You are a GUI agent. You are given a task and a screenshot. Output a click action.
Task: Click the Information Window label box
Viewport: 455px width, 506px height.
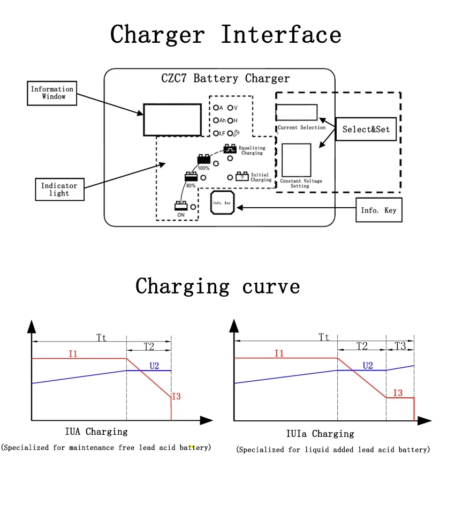(x=52, y=93)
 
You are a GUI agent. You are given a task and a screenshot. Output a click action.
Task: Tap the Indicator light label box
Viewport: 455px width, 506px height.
(x=60, y=190)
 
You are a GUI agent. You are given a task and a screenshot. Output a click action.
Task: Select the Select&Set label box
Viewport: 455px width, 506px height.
(x=366, y=129)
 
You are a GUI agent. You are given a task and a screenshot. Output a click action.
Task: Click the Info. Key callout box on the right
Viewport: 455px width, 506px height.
(x=379, y=210)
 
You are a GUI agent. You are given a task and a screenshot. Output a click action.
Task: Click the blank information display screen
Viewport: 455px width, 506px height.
(x=172, y=120)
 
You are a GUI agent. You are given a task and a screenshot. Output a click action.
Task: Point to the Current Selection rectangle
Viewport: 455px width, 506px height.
(x=297, y=112)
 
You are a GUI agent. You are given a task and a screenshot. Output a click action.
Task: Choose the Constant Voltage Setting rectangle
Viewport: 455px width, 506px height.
(x=296, y=160)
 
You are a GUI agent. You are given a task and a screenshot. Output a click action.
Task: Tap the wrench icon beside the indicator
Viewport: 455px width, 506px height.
(x=236, y=133)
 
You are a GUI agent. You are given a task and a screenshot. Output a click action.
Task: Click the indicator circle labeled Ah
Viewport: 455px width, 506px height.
(x=216, y=120)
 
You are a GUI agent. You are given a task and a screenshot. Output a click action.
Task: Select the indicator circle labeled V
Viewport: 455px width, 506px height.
(x=230, y=108)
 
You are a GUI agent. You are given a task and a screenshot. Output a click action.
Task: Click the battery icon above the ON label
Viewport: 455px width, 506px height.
(x=181, y=206)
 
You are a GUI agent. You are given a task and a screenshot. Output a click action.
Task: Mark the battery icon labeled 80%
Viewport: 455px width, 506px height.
(x=191, y=177)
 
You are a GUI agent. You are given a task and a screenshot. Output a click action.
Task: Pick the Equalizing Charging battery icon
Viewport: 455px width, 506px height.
(x=230, y=148)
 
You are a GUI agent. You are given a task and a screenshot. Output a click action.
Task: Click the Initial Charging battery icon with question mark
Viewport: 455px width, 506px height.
(x=242, y=177)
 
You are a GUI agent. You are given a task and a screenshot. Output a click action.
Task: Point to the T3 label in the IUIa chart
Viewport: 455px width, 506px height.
(x=400, y=346)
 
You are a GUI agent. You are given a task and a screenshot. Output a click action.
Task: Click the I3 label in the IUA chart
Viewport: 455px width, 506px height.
(x=176, y=396)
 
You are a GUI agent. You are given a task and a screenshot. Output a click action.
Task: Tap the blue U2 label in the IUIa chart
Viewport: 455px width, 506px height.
(x=368, y=365)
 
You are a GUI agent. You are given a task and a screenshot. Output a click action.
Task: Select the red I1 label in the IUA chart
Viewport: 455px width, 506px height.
(x=73, y=354)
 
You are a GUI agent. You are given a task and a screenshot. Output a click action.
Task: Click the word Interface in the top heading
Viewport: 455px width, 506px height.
(x=281, y=34)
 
